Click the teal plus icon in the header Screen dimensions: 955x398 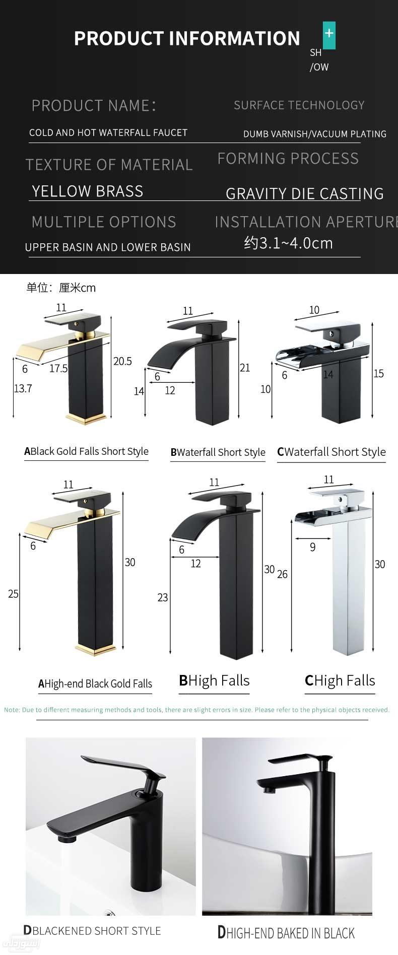(329, 34)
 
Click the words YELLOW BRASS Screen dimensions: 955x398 (88, 191)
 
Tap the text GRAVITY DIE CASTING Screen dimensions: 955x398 (304, 194)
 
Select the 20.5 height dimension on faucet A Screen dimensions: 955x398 (122, 361)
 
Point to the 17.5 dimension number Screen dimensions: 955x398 (58, 369)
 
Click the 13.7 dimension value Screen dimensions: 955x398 (23, 388)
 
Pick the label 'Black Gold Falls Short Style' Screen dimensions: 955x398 (87, 452)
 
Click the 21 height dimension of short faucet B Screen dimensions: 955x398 (245, 368)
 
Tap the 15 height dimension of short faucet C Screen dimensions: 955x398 (378, 373)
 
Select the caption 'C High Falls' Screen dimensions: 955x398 (340, 681)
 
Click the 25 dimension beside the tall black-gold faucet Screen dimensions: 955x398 (13, 594)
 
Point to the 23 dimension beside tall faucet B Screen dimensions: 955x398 (163, 597)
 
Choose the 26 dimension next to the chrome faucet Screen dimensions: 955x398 (282, 574)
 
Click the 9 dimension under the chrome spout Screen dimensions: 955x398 (313, 547)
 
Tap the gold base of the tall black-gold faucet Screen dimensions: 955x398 (98, 650)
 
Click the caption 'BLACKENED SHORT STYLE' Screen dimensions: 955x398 (92, 931)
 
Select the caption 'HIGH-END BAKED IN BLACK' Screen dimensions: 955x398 (286, 933)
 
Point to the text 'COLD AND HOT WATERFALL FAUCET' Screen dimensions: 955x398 (108, 133)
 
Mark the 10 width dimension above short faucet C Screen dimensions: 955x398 (314, 310)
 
